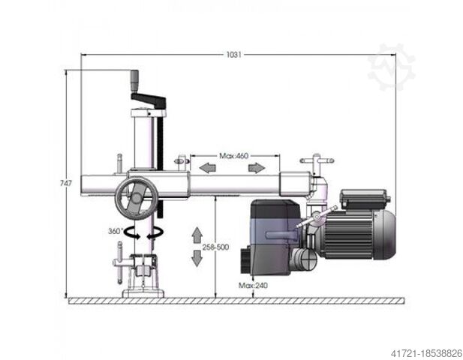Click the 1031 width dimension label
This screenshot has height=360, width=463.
pos(233,55)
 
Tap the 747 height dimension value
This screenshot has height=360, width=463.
pos(67,184)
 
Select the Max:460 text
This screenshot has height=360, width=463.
pos(233,156)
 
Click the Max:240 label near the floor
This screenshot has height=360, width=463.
pos(254,285)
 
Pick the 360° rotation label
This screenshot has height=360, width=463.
pos(115,231)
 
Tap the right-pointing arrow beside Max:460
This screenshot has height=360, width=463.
pos(256,166)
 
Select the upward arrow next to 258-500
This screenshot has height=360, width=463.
pos(197,234)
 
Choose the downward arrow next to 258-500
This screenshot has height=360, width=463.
pos(197,258)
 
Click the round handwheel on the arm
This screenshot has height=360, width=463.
pos(136,199)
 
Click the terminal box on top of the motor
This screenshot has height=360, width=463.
pos(364,199)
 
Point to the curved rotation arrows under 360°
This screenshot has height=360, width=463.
pos(143,233)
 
